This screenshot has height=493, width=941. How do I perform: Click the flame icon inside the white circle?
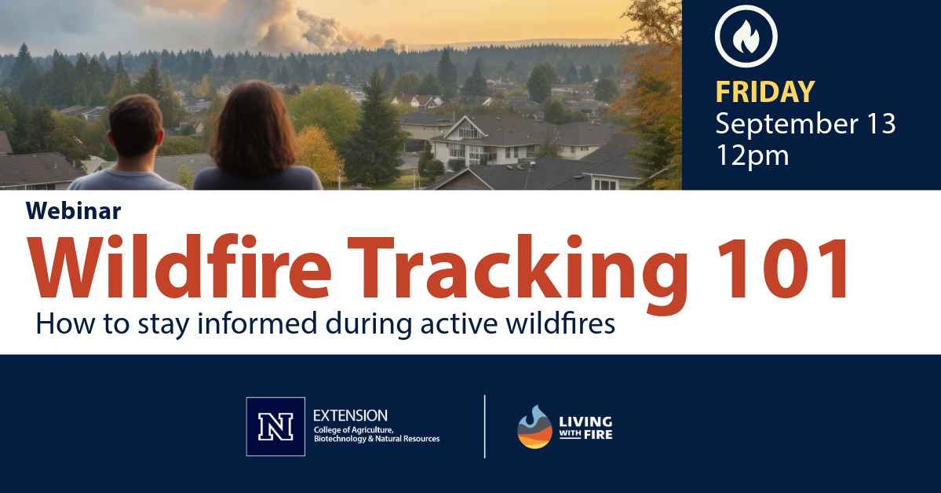pos(746,37)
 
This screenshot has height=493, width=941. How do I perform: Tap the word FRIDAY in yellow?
pos(765,92)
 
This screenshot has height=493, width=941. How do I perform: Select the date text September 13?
pos(805,124)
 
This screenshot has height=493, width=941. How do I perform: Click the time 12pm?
pos(752,156)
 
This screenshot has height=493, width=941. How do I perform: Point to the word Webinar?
pos(73,210)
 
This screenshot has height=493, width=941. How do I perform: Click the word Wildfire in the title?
pos(179,267)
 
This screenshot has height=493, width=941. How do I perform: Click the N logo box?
pos(275,426)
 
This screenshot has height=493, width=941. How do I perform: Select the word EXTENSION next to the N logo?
pos(351,415)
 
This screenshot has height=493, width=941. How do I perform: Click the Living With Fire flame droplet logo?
pos(534,427)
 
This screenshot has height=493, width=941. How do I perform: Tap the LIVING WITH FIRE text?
pos(585,428)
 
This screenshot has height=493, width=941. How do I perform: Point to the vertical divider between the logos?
pos(485,426)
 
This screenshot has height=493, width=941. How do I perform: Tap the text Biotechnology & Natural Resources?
pos(377,439)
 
